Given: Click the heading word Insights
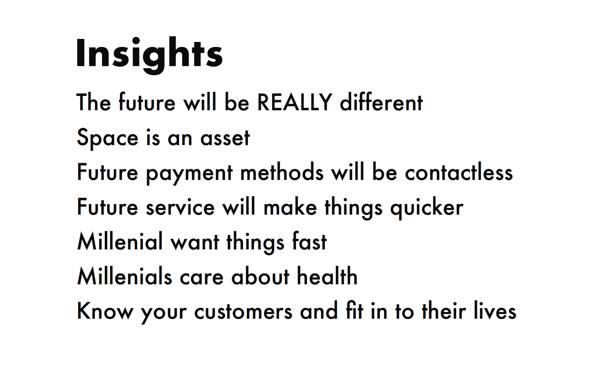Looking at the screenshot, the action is pos(149,55).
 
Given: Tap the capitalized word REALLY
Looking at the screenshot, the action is pos(295,102).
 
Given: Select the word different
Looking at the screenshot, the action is pos(382,102).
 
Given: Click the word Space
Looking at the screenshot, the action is pos(107,139).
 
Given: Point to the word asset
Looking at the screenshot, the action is pos(225,138).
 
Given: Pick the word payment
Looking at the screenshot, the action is pos(189,174).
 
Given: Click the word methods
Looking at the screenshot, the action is pos(282,171).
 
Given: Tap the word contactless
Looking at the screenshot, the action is pos(459,171).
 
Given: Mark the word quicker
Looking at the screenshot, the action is pos(427,208).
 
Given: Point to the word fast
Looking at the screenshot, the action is pos(310,241).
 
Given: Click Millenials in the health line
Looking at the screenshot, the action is pos(125,276).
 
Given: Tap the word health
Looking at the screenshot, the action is pos(327,275).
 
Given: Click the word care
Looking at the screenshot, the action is pos(202,277).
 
